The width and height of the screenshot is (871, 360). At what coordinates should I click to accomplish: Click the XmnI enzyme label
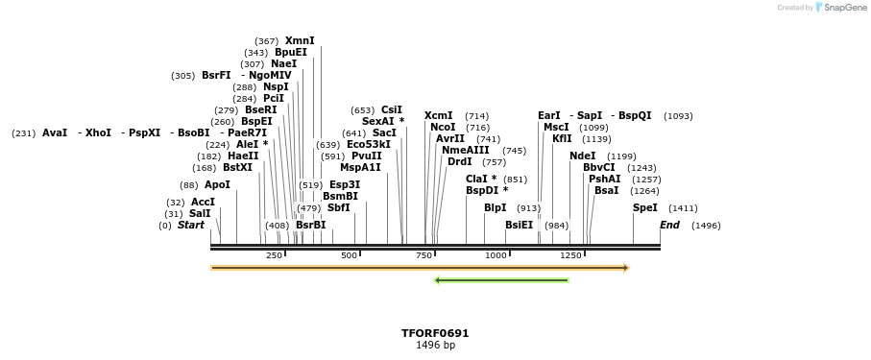click(300, 41)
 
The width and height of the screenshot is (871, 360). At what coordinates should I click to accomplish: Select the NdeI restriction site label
click(582, 156)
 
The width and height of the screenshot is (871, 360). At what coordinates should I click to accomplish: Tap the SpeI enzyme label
click(645, 208)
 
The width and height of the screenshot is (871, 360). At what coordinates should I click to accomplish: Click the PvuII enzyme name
click(366, 156)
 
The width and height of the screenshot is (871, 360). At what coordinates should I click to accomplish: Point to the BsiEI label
click(519, 226)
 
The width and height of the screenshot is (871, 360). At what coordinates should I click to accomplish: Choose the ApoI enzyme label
click(217, 185)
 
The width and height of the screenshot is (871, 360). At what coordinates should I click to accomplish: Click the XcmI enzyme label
click(438, 116)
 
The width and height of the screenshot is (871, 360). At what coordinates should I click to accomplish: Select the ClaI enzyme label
click(481, 180)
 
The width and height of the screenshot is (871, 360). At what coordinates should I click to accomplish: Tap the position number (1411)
click(683, 208)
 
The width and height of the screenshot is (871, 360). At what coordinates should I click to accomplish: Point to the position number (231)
click(24, 133)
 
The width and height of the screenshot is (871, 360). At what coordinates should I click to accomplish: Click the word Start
click(191, 226)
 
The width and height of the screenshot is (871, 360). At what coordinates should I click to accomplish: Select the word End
click(669, 226)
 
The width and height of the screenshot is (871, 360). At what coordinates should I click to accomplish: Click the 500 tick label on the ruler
click(349, 255)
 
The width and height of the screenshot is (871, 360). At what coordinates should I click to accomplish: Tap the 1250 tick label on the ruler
click(570, 255)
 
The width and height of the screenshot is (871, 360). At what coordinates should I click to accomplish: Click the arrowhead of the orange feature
click(626, 268)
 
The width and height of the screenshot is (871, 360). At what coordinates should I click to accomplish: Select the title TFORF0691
click(435, 333)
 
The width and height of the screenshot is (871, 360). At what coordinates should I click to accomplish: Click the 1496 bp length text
click(435, 346)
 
